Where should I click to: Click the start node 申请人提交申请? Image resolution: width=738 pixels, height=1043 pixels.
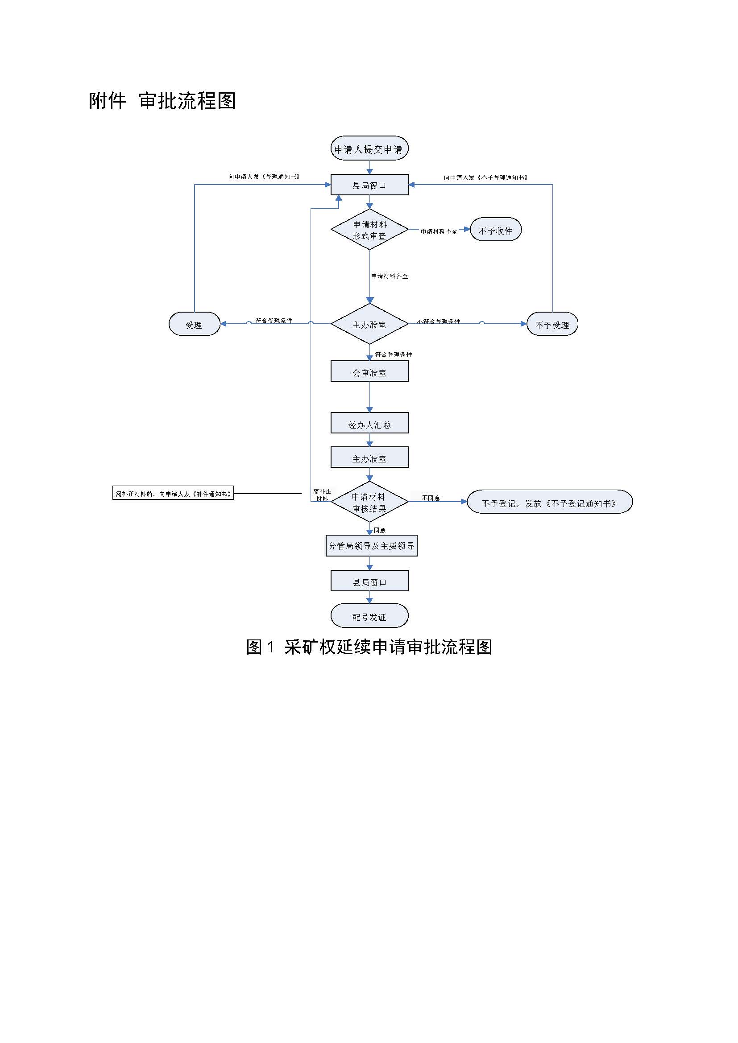coord(369,148)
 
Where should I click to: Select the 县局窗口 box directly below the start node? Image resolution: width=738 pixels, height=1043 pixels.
coord(369,185)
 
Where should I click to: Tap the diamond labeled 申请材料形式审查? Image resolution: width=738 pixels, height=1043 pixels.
coord(369,230)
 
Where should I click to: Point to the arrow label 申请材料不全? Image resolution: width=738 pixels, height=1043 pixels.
coord(439,231)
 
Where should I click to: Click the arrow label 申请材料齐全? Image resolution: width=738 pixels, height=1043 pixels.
coord(390,276)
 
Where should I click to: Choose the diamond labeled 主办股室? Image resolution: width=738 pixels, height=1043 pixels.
coord(369,324)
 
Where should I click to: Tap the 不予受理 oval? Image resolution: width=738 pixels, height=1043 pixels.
coord(551,324)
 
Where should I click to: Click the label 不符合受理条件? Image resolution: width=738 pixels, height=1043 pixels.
coord(438,321)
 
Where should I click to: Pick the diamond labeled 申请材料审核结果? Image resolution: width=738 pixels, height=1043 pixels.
coord(369,503)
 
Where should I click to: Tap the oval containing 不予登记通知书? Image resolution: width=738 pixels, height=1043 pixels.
coord(549,503)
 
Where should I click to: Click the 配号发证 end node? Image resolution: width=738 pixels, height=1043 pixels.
coord(369,616)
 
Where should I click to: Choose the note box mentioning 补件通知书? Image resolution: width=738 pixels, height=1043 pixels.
coord(173,494)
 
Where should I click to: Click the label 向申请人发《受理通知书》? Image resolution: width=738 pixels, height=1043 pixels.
coord(264,177)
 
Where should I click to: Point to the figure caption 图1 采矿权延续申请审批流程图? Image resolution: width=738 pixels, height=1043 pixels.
coord(369,647)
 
